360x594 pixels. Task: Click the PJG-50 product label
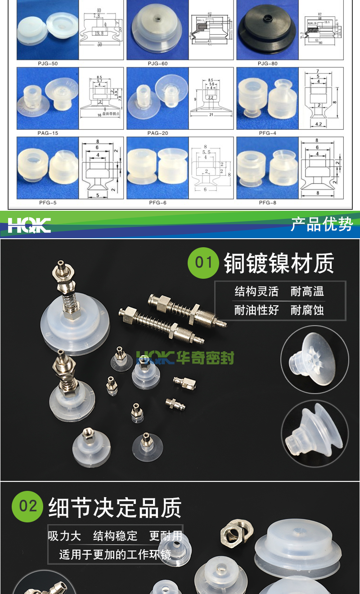(48, 63)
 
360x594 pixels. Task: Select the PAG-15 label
(48, 133)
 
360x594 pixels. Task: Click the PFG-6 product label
(157, 203)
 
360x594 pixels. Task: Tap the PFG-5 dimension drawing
(102, 168)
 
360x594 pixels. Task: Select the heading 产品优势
(321, 224)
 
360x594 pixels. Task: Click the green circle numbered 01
(203, 262)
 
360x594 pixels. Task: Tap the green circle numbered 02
(27, 506)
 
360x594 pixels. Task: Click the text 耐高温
(307, 291)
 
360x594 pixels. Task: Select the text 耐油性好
(256, 310)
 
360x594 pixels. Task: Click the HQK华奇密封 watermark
(185, 358)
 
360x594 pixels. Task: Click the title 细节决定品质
(115, 508)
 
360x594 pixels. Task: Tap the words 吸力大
(64, 536)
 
